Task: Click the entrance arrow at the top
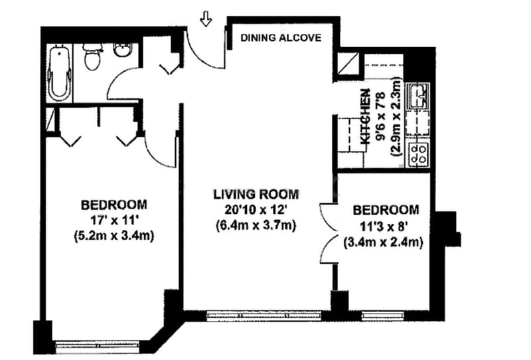[x=206, y=20]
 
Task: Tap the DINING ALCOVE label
[x=281, y=38]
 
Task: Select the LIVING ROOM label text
[x=256, y=195]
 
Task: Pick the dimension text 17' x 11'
[x=114, y=221]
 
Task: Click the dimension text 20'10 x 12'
[x=256, y=210]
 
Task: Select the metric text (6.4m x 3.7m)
[x=256, y=225]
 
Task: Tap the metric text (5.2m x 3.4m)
[x=114, y=236]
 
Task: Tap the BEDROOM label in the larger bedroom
[x=114, y=205]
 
